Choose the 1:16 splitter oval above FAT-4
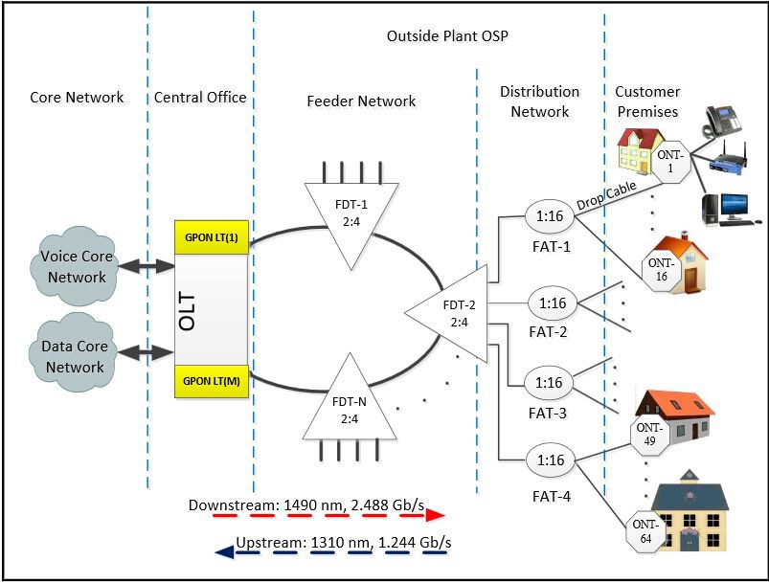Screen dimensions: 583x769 (x=549, y=460)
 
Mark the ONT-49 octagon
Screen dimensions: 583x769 (x=650, y=434)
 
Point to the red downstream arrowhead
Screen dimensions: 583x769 (x=436, y=515)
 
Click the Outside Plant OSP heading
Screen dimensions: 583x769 (x=447, y=36)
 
